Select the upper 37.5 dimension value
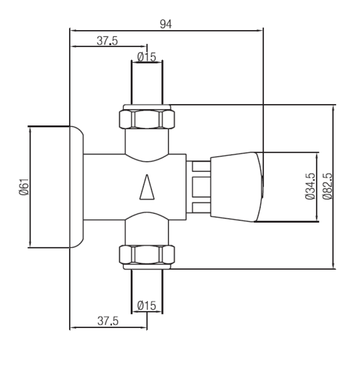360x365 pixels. [x=107, y=41]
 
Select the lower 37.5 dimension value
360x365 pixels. [x=107, y=321]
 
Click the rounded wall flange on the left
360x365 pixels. [x=76, y=187]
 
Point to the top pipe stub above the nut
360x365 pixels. [x=147, y=82]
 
